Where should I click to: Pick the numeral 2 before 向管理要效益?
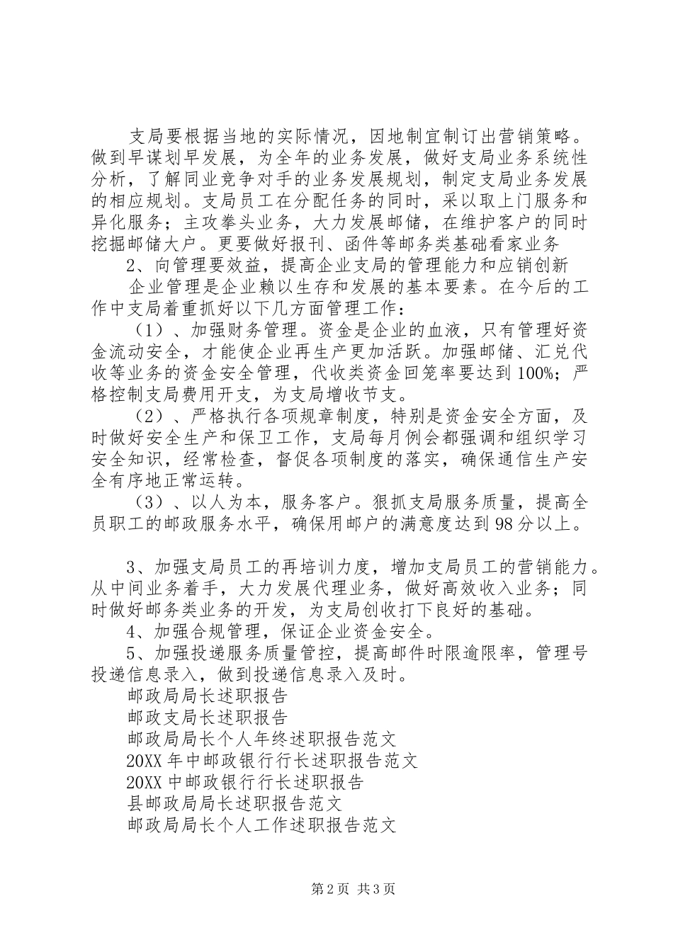pos(131,265)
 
